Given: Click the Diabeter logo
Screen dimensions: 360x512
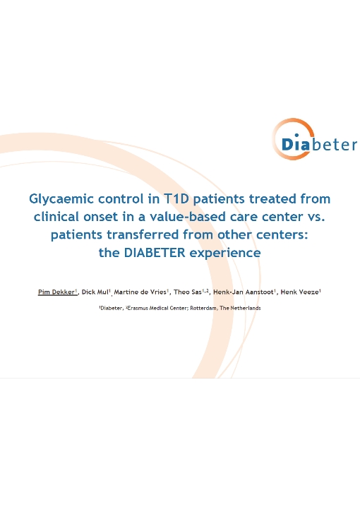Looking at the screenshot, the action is (314, 140).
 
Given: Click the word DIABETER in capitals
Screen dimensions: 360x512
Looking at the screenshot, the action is (155, 252).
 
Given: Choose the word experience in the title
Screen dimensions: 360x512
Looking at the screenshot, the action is (225, 253).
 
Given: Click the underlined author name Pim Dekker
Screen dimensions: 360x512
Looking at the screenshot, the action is (56, 292).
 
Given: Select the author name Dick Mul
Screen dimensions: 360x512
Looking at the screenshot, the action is (95, 292).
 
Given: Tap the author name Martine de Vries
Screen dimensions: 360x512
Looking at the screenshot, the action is (140, 292).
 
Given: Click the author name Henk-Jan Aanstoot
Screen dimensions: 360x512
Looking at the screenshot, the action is (243, 292).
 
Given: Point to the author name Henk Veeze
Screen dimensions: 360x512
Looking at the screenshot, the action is (299, 292).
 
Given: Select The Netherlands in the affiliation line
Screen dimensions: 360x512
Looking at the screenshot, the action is (240, 308).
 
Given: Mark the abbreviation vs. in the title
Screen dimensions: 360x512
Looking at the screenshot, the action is (316, 217).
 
